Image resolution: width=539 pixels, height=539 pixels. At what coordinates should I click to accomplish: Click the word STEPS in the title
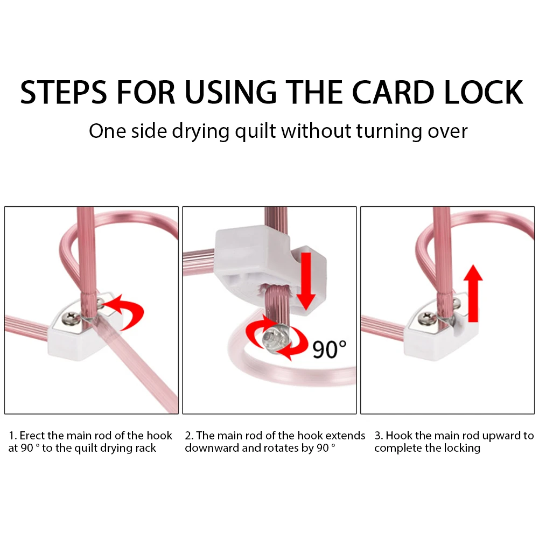pyautogui.click(x=64, y=92)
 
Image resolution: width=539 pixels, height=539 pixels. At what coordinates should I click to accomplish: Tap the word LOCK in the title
pyautogui.click(x=484, y=92)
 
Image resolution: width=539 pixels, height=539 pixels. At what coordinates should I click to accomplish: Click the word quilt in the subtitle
pyautogui.click(x=255, y=131)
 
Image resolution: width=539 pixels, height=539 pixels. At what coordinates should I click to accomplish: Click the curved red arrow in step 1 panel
pyautogui.click(x=128, y=312)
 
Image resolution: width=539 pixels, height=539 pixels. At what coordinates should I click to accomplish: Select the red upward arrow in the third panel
pyautogui.click(x=473, y=293)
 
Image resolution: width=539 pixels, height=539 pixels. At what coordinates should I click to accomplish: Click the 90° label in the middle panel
pyautogui.click(x=330, y=349)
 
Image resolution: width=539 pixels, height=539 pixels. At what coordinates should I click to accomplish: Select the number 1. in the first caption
pyautogui.click(x=13, y=436)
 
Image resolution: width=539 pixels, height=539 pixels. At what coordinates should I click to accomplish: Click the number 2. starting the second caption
pyautogui.click(x=189, y=436)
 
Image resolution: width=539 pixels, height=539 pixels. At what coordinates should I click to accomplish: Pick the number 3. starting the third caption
pyautogui.click(x=379, y=436)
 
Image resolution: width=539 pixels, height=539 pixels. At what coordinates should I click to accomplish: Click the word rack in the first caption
pyautogui.click(x=145, y=448)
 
